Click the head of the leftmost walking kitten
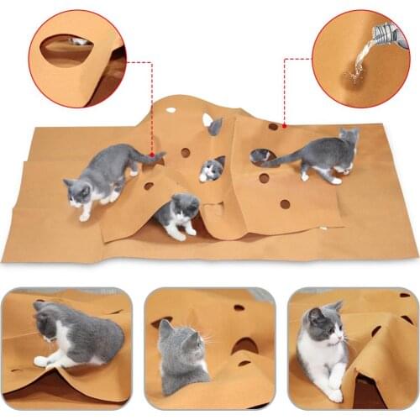pyautogui.click(x=78, y=191)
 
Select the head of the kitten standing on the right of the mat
pyautogui.click(x=347, y=138)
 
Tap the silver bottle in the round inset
pyautogui.click(x=389, y=34)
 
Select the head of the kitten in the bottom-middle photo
pyautogui.click(x=178, y=340)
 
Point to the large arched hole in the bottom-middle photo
pyautogui.click(x=244, y=344)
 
